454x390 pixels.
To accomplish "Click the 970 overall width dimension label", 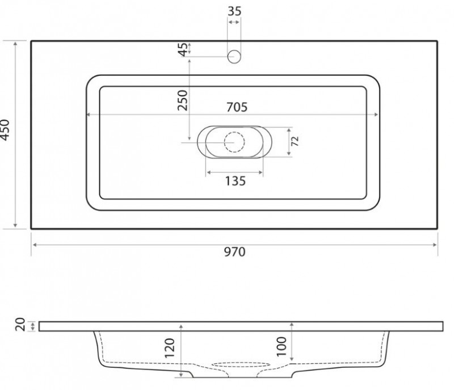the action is pyautogui.click(x=234, y=252).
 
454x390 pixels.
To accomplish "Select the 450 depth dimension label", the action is pyautogui.click(x=5, y=130).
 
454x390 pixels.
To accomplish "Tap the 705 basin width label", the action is pyautogui.click(x=237, y=107).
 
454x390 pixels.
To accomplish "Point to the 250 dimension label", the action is pyautogui.click(x=183, y=100).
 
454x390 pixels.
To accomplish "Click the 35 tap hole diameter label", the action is pyautogui.click(x=234, y=11).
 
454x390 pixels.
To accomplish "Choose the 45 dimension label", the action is pyautogui.click(x=183, y=49).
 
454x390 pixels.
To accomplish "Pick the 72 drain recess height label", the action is pyautogui.click(x=295, y=141).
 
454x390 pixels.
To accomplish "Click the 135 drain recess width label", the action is pyautogui.click(x=236, y=181).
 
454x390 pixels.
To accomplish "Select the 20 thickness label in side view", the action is pyautogui.click(x=20, y=324).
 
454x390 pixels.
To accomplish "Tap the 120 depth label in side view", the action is pyautogui.click(x=170, y=348).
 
